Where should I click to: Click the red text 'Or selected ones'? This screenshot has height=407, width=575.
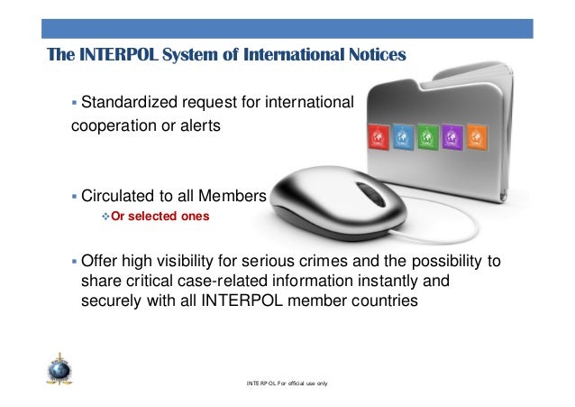(x=157, y=217)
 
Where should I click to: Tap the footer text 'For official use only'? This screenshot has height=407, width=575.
(x=306, y=384)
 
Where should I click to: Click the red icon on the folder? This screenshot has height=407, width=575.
(x=376, y=138)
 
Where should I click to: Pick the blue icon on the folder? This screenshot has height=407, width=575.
(x=402, y=137)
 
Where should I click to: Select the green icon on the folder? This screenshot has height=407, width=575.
(x=427, y=137)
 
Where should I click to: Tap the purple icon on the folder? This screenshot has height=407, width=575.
(x=452, y=137)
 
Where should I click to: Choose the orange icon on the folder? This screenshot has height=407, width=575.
(x=478, y=136)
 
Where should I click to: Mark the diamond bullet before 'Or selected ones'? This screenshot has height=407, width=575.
(x=104, y=217)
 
